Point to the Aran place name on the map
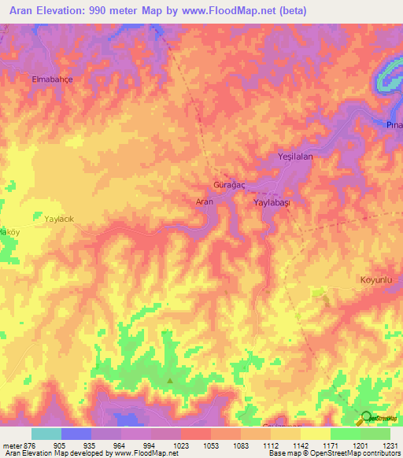pyautogui.click(x=204, y=202)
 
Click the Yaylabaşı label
pyautogui.click(x=272, y=202)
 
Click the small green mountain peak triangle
pyautogui.click(x=169, y=381)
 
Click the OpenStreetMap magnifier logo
pyautogui.click(x=367, y=418)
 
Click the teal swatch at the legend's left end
pyautogui.click(x=46, y=434)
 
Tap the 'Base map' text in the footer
pyautogui.click(x=284, y=453)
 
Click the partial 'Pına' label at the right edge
pyautogui.click(x=394, y=126)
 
